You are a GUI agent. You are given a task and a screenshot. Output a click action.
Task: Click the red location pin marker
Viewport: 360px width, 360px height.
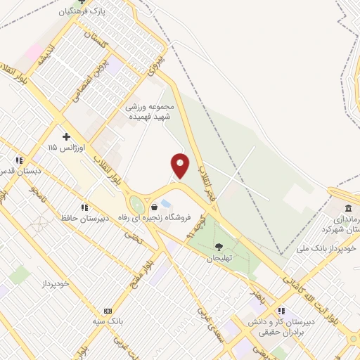(x=181, y=166)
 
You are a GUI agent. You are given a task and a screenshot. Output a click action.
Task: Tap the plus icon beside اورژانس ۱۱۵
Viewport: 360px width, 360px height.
(x=66, y=136)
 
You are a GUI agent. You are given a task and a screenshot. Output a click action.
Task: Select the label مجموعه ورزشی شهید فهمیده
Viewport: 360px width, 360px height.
(x=150, y=112)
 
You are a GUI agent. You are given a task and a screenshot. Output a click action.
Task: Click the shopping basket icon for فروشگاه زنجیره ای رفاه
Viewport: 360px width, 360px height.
(x=153, y=207)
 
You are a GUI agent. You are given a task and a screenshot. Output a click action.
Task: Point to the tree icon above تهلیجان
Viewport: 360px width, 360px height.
(x=219, y=247)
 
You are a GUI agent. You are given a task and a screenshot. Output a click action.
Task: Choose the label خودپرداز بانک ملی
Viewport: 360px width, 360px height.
(x=334, y=248)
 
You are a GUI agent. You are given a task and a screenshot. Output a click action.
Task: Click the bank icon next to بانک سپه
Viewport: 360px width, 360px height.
(x=108, y=310)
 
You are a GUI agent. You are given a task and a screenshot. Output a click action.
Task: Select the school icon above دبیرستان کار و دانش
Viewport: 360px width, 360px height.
(x=281, y=311)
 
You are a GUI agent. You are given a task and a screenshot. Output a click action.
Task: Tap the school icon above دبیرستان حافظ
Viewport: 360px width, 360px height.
(x=84, y=207)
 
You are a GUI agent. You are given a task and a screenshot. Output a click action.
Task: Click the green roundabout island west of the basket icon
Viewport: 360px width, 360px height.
(x=136, y=205)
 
